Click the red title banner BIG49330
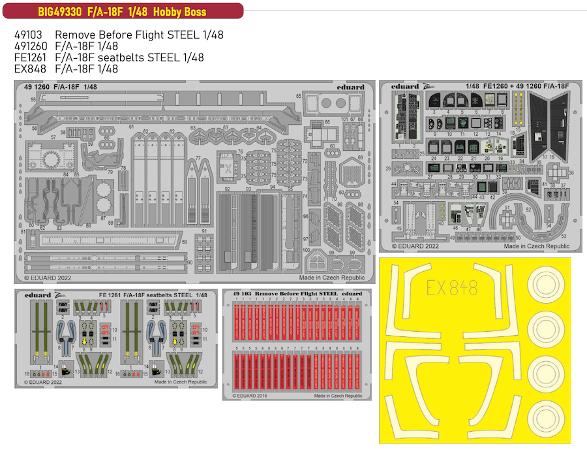point(122,11)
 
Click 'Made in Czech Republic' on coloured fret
point(536,246)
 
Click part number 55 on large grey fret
point(33,99)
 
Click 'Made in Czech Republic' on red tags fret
point(338,396)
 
